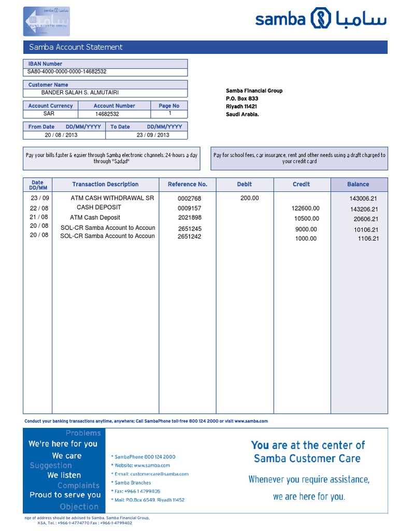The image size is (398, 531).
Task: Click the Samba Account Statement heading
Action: pyautogui.click(x=76, y=47)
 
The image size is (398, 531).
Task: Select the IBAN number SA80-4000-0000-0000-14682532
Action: pyautogui.click(x=67, y=72)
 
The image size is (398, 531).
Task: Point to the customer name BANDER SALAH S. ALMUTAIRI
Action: pyautogui.click(x=80, y=93)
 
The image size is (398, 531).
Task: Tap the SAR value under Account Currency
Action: pyautogui.click(x=49, y=114)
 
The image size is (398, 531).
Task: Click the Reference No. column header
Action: pyautogui.click(x=187, y=184)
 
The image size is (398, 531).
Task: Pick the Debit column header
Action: pyautogui.click(x=245, y=184)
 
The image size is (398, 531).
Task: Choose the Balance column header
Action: pyautogui.click(x=358, y=184)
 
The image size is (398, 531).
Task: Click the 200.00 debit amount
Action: pyautogui.click(x=249, y=198)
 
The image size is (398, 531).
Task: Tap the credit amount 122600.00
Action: pyautogui.click(x=306, y=208)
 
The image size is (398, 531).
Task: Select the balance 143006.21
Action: pyautogui.click(x=363, y=199)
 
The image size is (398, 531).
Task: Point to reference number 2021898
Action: pyautogui.click(x=189, y=218)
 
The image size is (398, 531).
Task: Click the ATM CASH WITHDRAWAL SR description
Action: pyautogui.click(x=112, y=198)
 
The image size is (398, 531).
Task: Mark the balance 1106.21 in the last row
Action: pyautogui.click(x=368, y=239)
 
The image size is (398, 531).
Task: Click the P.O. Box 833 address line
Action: pyautogui.click(x=242, y=99)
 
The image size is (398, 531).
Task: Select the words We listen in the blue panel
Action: pyautogui.click(x=64, y=475)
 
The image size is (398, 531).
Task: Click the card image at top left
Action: pyautogui.click(x=47, y=22)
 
